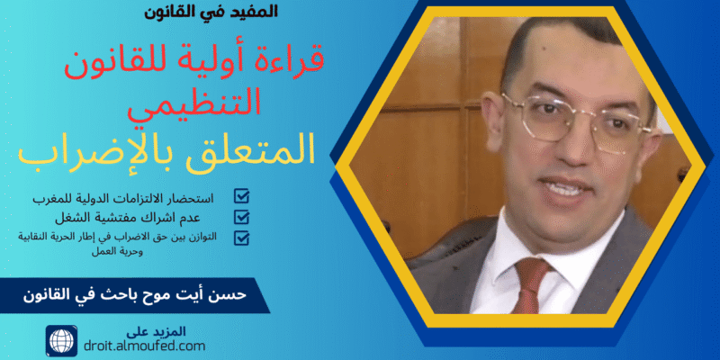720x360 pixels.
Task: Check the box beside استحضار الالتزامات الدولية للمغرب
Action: pos(241,195)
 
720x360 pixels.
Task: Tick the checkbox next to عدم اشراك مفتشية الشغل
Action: pos(241,217)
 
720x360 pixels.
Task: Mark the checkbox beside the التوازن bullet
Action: pos(241,238)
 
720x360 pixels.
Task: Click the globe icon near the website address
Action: pos(61,340)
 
